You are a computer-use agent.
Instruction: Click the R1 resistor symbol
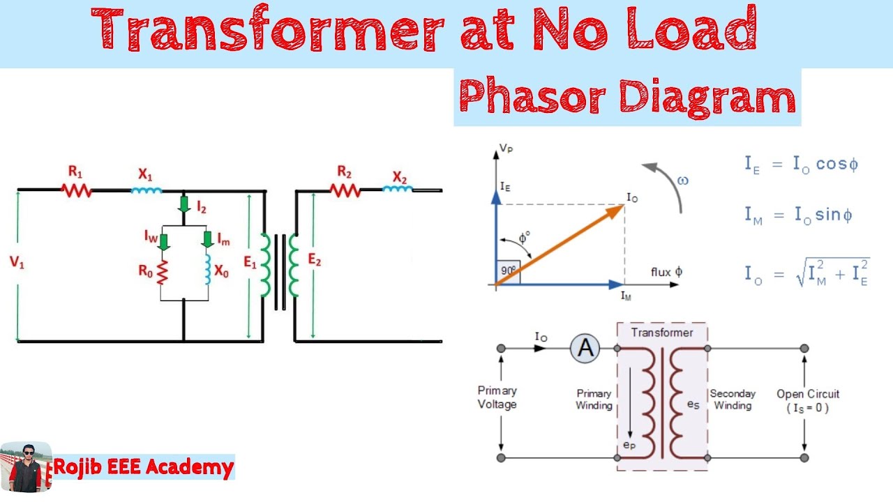coord(77,189)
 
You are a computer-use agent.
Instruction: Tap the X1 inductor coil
coord(147,189)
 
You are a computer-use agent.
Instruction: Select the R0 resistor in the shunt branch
coord(162,272)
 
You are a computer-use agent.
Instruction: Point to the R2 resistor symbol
coord(345,189)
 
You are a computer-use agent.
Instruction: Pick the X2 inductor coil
coord(398,188)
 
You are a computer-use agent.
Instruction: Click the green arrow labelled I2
coord(183,204)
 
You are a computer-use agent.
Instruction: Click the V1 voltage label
coord(17,263)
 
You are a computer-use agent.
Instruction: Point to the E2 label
coord(315,260)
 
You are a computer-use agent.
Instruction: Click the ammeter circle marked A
coord(585,348)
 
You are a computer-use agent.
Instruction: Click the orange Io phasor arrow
coord(558,245)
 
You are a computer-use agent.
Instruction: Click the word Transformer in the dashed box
coord(662,333)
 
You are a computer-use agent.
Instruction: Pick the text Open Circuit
coord(808,394)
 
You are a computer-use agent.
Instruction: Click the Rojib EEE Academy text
coord(144,467)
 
